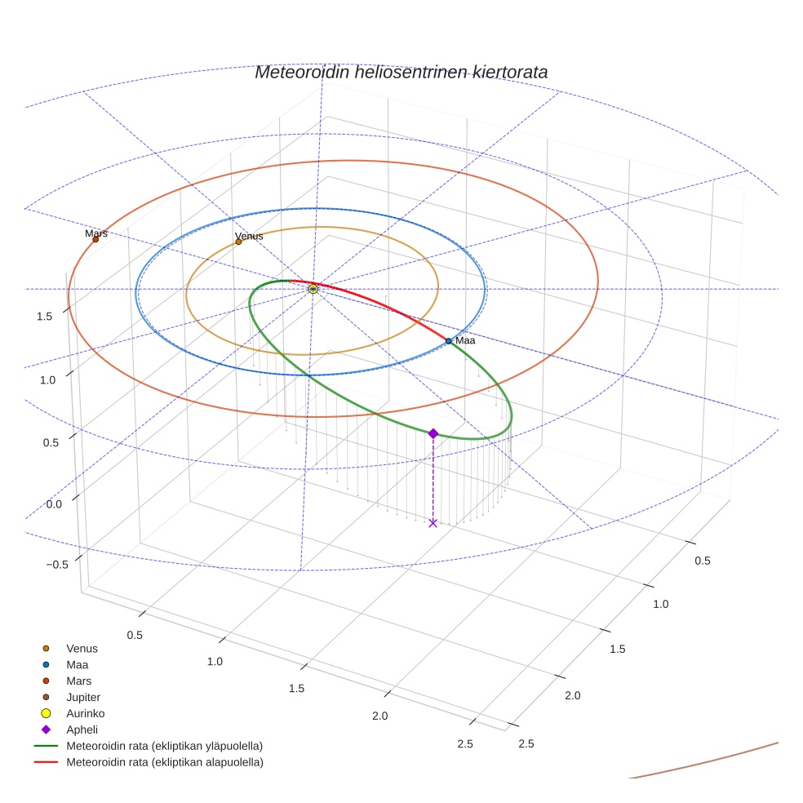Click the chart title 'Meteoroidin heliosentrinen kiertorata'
pyautogui.click(x=401, y=72)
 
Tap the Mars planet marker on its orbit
pyautogui.click(x=95, y=239)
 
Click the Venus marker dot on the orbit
pyautogui.click(x=238, y=242)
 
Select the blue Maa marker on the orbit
pyautogui.click(x=448, y=340)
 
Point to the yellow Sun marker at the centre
pyautogui.click(x=313, y=289)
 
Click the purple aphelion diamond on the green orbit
pyautogui.click(x=433, y=433)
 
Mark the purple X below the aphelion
pyautogui.click(x=433, y=522)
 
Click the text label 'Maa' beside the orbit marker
pyautogui.click(x=465, y=340)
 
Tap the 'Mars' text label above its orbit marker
pyautogui.click(x=96, y=233)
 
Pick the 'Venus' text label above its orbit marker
pyautogui.click(x=249, y=236)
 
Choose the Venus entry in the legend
pyautogui.click(x=82, y=648)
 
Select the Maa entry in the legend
pyautogui.click(x=78, y=664)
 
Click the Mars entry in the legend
pyautogui.click(x=79, y=681)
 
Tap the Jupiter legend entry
pyautogui.click(x=83, y=697)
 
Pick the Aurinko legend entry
pyautogui.click(x=85, y=713)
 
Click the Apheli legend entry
pyautogui.click(x=82, y=730)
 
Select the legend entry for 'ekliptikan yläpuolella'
pyautogui.click(x=163, y=746)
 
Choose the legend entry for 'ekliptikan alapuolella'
pyautogui.click(x=163, y=762)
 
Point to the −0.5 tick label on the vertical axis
pyautogui.click(x=57, y=566)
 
